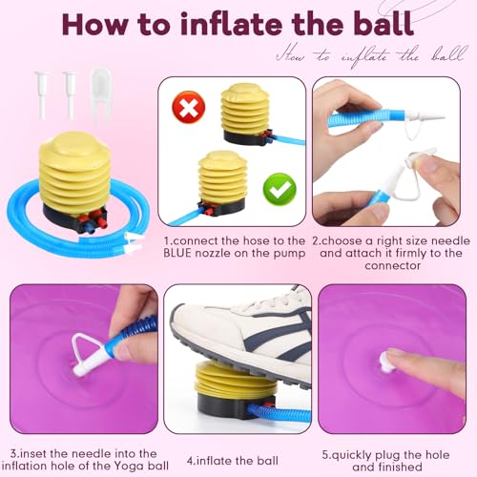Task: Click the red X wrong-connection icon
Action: (x=189, y=107)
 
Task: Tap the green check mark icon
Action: (x=280, y=190)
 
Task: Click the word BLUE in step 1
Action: (x=177, y=253)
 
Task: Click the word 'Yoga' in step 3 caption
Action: (x=130, y=467)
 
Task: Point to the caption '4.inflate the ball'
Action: (x=233, y=461)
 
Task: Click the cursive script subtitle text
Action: (x=372, y=56)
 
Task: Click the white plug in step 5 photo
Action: (x=387, y=363)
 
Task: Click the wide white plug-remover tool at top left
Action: (x=101, y=94)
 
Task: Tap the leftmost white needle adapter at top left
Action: (x=42, y=94)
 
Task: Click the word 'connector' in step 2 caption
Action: (x=392, y=265)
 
